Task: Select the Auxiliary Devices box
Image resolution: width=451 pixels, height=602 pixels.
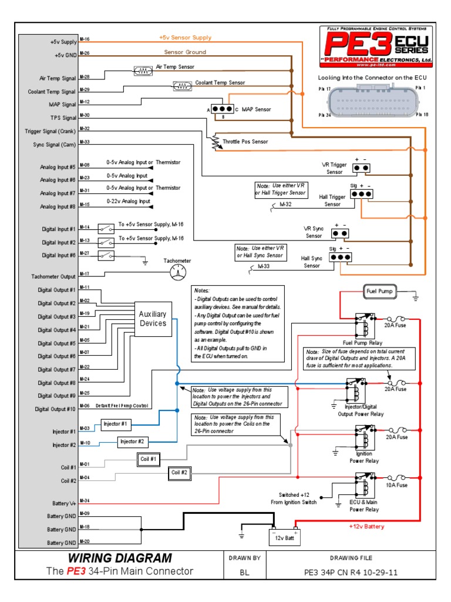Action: [153, 319]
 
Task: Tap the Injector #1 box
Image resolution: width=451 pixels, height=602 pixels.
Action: [116, 423]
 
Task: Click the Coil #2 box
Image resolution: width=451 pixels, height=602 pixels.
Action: [179, 472]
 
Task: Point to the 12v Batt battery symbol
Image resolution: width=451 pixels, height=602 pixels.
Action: [284, 535]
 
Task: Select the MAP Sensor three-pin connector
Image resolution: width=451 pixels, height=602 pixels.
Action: [223, 109]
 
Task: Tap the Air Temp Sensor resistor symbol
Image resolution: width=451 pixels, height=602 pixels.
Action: [143, 71]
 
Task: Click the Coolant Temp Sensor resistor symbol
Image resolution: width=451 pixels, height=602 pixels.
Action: [182, 86]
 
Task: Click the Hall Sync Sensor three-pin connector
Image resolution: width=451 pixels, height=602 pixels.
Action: [340, 257]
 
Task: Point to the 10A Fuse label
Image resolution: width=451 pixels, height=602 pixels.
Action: [395, 485]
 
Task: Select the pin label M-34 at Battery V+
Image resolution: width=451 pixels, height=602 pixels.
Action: [84, 501]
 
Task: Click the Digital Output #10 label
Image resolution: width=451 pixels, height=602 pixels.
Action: [55, 409]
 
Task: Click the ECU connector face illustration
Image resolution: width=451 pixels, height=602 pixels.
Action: [373, 101]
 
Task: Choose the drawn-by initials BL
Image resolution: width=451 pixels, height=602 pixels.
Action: [244, 571]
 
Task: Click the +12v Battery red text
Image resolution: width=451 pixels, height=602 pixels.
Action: [366, 527]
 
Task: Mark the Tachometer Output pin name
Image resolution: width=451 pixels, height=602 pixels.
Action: [53, 276]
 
